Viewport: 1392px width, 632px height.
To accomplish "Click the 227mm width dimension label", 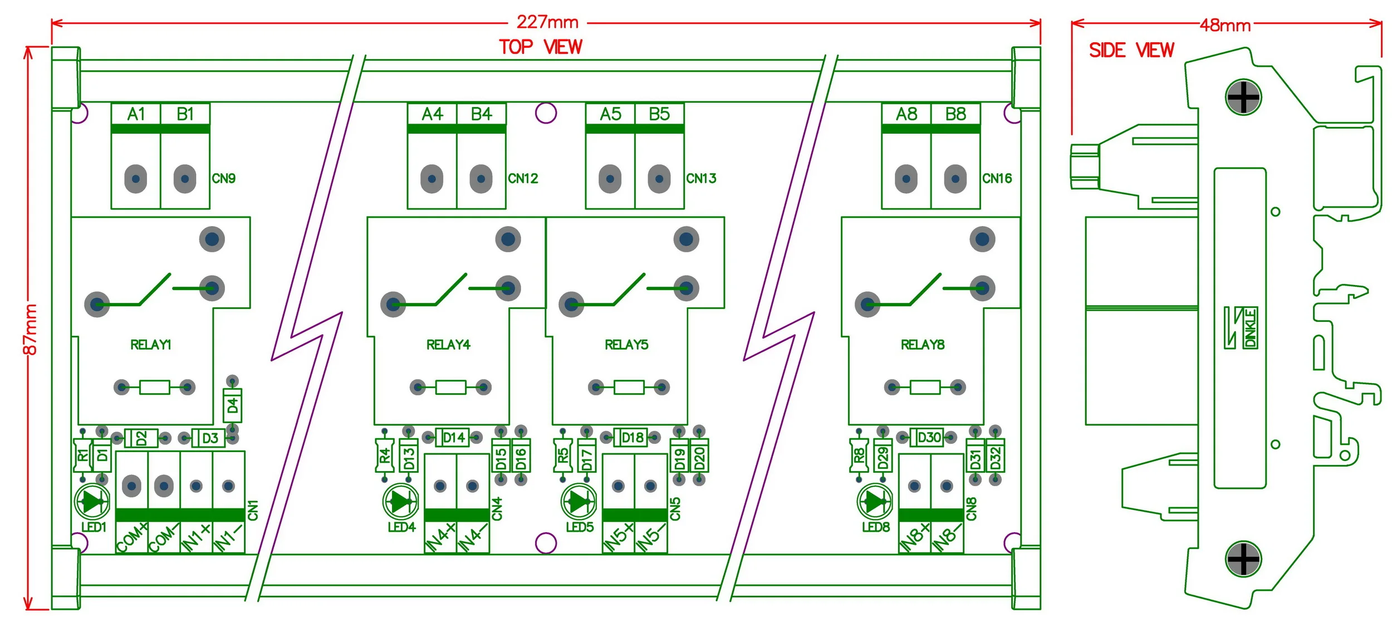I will pyautogui.click(x=547, y=22).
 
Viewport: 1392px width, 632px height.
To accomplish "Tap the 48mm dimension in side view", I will pyautogui.click(x=1225, y=26).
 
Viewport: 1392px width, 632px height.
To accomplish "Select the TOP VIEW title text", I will pyautogui.click(x=540, y=47).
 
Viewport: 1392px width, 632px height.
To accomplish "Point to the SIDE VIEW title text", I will pyautogui.click(x=1131, y=51).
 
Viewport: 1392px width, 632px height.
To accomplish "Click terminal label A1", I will pyautogui.click(x=136, y=114).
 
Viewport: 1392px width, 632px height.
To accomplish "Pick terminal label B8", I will pyautogui.click(x=955, y=114).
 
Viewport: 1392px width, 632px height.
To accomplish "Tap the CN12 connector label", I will pyautogui.click(x=523, y=179).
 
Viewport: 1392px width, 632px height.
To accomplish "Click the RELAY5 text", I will pyautogui.click(x=626, y=345).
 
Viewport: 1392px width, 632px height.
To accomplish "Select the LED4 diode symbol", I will pyautogui.click(x=401, y=502).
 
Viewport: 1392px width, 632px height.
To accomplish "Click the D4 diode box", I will pyautogui.click(x=232, y=406).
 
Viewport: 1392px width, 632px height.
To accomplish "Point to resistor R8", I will pyautogui.click(x=859, y=456).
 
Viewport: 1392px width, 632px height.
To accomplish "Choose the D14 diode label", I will pyautogui.click(x=453, y=438).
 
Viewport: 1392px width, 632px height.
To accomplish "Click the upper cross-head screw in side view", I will pyautogui.click(x=1243, y=97).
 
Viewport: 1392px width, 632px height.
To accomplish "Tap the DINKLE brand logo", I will pyautogui.click(x=1241, y=328).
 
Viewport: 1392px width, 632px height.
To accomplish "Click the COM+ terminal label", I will pyautogui.click(x=131, y=537).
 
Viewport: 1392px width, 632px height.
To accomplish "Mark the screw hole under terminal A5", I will pyautogui.click(x=610, y=179).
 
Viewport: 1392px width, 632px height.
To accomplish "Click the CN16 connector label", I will pyautogui.click(x=997, y=179).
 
